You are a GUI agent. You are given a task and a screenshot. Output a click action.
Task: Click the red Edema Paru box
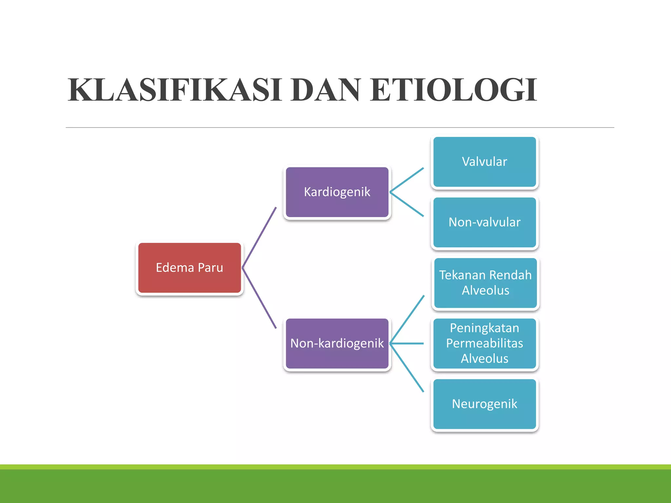(189, 268)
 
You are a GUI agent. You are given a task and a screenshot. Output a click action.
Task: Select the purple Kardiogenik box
(337, 192)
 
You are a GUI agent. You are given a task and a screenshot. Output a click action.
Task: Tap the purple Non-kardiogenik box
(337, 344)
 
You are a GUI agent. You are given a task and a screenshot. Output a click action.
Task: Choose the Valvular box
(484, 162)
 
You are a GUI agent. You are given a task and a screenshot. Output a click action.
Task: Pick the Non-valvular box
(484, 222)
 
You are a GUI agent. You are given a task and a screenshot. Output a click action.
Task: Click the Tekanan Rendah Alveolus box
(485, 283)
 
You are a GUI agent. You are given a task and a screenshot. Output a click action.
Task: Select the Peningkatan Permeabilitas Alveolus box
(484, 344)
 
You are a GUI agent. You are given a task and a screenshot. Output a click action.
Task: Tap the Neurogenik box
(484, 404)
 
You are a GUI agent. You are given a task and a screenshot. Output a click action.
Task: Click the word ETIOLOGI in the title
(454, 90)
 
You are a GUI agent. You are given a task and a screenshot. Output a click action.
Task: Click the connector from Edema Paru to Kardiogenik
(259, 237)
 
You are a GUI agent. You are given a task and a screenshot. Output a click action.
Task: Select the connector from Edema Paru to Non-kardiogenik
(259, 298)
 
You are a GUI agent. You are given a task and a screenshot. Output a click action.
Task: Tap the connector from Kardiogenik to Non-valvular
(407, 204)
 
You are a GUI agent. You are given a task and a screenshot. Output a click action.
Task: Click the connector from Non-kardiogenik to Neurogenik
(407, 367)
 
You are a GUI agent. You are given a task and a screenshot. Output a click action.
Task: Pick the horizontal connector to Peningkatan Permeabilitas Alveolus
(407, 344)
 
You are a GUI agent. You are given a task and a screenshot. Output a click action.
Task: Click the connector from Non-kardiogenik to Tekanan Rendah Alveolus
(407, 320)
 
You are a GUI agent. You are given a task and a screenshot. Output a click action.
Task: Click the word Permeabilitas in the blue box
(484, 344)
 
